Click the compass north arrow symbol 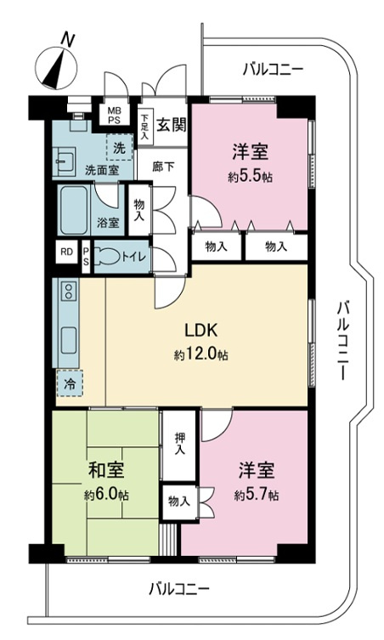click(x=56, y=68)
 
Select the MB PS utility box click(x=114, y=114)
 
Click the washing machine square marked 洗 click(x=119, y=147)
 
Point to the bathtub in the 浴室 click(x=74, y=210)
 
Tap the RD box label click(x=66, y=252)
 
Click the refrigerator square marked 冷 click(x=70, y=383)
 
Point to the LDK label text click(x=200, y=331)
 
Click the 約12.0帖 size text click(x=200, y=355)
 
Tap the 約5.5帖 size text click(x=250, y=177)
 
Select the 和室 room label click(x=106, y=470)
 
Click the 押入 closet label click(x=179, y=444)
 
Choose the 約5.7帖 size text click(x=257, y=496)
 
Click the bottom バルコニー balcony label click(x=178, y=589)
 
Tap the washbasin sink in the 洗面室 click(x=64, y=161)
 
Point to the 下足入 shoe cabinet click(x=145, y=127)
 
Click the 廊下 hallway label click(x=163, y=167)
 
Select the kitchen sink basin click(x=68, y=342)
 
